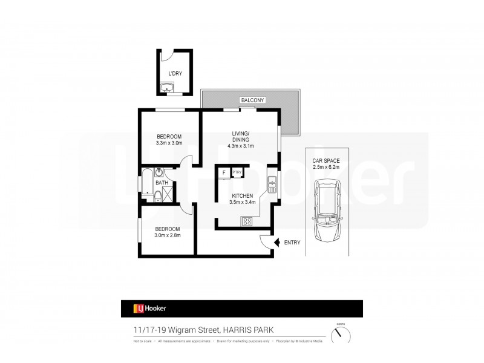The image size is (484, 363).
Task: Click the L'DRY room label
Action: (x=175, y=74)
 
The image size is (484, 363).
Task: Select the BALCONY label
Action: (x=250, y=99)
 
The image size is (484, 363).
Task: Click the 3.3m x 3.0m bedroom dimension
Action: (x=169, y=143)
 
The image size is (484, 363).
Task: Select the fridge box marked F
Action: (x=224, y=172)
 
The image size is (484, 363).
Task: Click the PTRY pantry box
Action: (x=237, y=172)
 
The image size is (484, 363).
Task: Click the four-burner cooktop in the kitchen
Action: (x=247, y=221)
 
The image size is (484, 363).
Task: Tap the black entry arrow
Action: (x=276, y=243)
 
